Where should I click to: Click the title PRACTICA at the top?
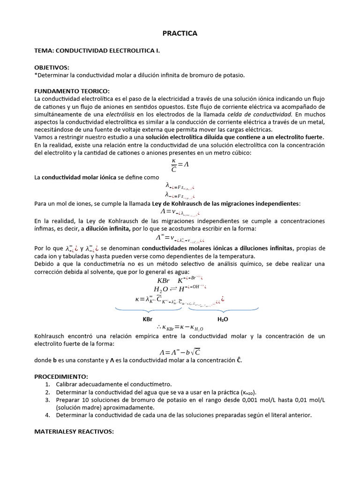180,33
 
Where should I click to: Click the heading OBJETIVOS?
52,67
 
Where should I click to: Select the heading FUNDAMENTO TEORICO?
72,90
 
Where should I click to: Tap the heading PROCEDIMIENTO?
61,376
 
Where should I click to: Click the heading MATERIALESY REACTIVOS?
74,432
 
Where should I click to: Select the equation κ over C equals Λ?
180,165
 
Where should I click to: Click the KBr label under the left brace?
148,319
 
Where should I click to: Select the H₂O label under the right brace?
223,319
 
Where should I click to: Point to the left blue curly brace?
148,310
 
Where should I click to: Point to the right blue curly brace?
223,310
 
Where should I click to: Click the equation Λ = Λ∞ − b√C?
180,352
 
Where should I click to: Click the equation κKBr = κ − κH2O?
180,328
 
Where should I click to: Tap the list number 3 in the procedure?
48,400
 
